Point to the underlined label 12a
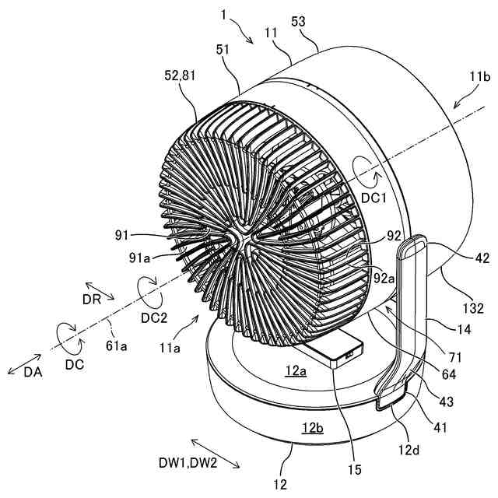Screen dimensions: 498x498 [x=296, y=373]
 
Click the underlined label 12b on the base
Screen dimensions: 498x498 [x=314, y=426]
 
